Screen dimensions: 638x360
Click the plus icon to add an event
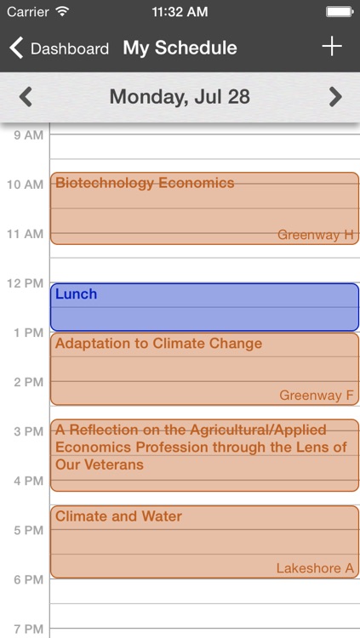[x=331, y=47]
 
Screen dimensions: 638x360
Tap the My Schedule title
[x=180, y=48]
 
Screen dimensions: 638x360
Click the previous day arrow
[x=26, y=97]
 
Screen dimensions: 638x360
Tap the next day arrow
[x=335, y=97]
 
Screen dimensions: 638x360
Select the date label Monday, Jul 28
[x=180, y=97]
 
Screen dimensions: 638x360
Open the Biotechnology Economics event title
[x=145, y=183]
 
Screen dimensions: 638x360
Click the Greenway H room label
[x=315, y=235]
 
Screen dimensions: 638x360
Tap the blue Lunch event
[x=204, y=307]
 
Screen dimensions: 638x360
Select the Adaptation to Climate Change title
[x=158, y=344]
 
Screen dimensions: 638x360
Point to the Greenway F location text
[x=316, y=396]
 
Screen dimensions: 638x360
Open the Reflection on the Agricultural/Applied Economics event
[x=201, y=447]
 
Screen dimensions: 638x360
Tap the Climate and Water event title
[x=118, y=516]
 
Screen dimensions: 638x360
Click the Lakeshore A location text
[x=314, y=568]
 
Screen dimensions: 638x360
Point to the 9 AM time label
[x=27, y=135]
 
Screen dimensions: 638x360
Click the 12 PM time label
[x=25, y=283]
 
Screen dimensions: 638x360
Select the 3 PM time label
[x=27, y=431]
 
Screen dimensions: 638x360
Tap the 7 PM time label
[x=27, y=629]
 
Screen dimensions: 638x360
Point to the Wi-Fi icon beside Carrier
[x=62, y=13]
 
